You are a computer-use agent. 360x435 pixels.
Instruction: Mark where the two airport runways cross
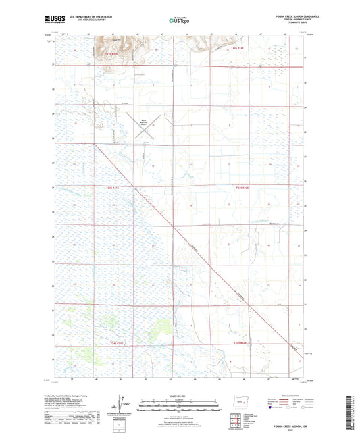point(147,126)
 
